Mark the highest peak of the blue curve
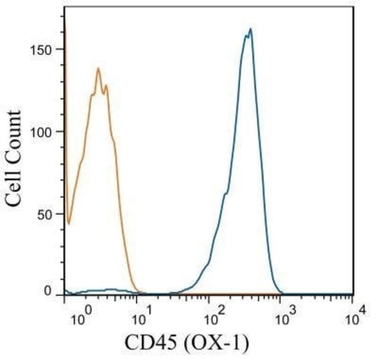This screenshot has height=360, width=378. pyautogui.click(x=250, y=28)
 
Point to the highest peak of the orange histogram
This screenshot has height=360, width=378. pyautogui.click(x=98, y=69)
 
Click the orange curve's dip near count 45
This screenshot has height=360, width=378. pyautogui.click(x=69, y=223)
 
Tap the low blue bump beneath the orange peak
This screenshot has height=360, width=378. pyautogui.click(x=110, y=289)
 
